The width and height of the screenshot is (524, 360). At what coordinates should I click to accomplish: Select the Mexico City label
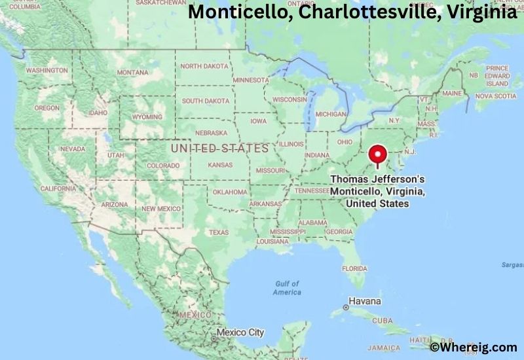tap(240, 333)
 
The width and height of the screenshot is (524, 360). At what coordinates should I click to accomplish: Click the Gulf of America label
tap(287, 287)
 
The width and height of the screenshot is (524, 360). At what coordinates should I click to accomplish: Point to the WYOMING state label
tap(147, 117)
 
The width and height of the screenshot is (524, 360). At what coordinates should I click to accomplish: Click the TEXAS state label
tap(219, 232)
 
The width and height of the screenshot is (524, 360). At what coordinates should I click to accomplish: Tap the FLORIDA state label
tap(354, 268)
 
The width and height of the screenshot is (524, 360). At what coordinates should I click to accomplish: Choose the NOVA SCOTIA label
tap(496, 96)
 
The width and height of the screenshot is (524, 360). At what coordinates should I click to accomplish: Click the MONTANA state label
tap(132, 72)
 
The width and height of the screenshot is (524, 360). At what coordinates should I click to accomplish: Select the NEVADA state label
tap(72, 149)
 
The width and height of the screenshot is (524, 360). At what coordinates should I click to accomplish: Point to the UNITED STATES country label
tap(219, 149)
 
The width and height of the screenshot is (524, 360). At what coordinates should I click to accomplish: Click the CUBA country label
tap(383, 321)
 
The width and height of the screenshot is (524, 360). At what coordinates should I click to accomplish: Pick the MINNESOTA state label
tap(250, 80)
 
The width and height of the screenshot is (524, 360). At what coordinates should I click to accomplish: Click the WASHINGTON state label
tap(47, 70)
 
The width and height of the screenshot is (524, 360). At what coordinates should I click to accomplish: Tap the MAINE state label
tap(452, 94)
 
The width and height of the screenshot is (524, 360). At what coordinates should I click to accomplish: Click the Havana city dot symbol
tap(346, 307)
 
